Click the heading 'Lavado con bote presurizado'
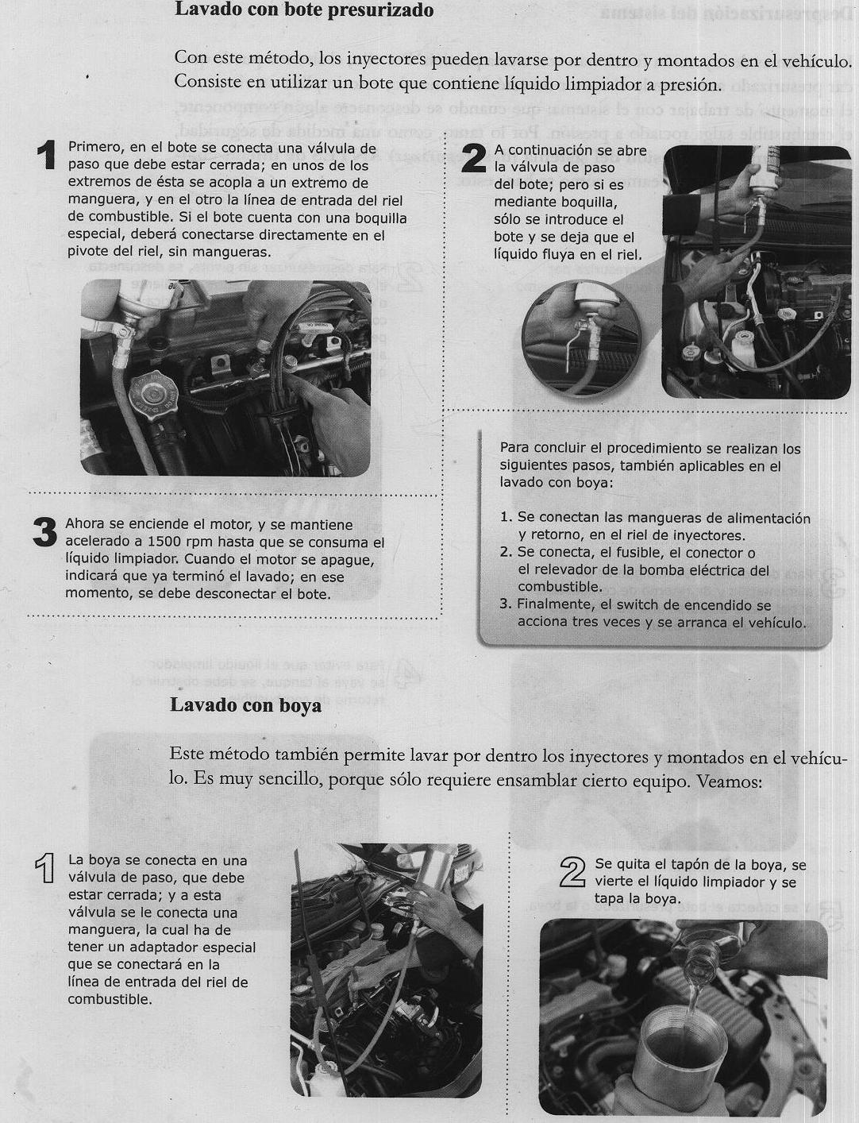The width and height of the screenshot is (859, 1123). point(304,10)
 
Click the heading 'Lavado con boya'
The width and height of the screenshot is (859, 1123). point(246,705)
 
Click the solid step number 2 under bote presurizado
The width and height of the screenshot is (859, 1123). point(474,159)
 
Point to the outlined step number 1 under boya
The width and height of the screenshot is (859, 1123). point(47,870)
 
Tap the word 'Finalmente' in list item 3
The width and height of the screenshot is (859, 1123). point(553,605)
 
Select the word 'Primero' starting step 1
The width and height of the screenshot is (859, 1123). point(94,149)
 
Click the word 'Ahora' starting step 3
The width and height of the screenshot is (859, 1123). point(84,525)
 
